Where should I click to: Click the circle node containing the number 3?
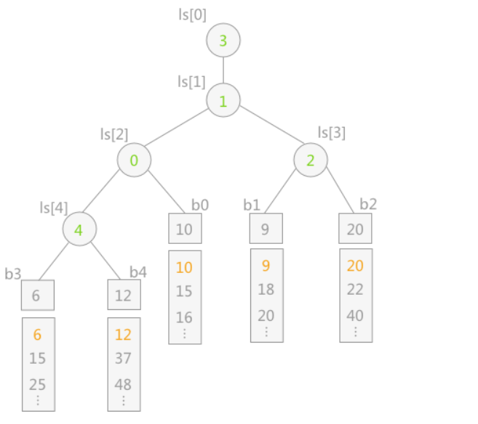click(x=223, y=41)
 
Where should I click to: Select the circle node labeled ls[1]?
click(x=223, y=101)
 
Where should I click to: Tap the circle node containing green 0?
click(x=134, y=160)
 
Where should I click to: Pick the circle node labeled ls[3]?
click(x=311, y=160)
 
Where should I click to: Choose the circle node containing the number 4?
click(x=79, y=230)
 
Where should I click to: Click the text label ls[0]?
click(x=192, y=14)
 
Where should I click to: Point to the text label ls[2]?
click(x=114, y=134)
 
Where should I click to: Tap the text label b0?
click(x=200, y=204)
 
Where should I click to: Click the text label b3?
click(x=12, y=273)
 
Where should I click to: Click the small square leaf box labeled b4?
click(x=124, y=295)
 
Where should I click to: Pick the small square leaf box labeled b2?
click(x=356, y=229)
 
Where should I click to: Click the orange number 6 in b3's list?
click(x=38, y=335)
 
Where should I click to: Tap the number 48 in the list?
click(x=124, y=384)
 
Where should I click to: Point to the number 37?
click(x=124, y=358)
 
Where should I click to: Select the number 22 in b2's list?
click(x=356, y=289)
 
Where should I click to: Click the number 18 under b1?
click(x=266, y=289)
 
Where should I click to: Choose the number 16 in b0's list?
click(x=185, y=317)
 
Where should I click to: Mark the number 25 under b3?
click(x=38, y=384)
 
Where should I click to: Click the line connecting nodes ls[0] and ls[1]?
click(x=223, y=71)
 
